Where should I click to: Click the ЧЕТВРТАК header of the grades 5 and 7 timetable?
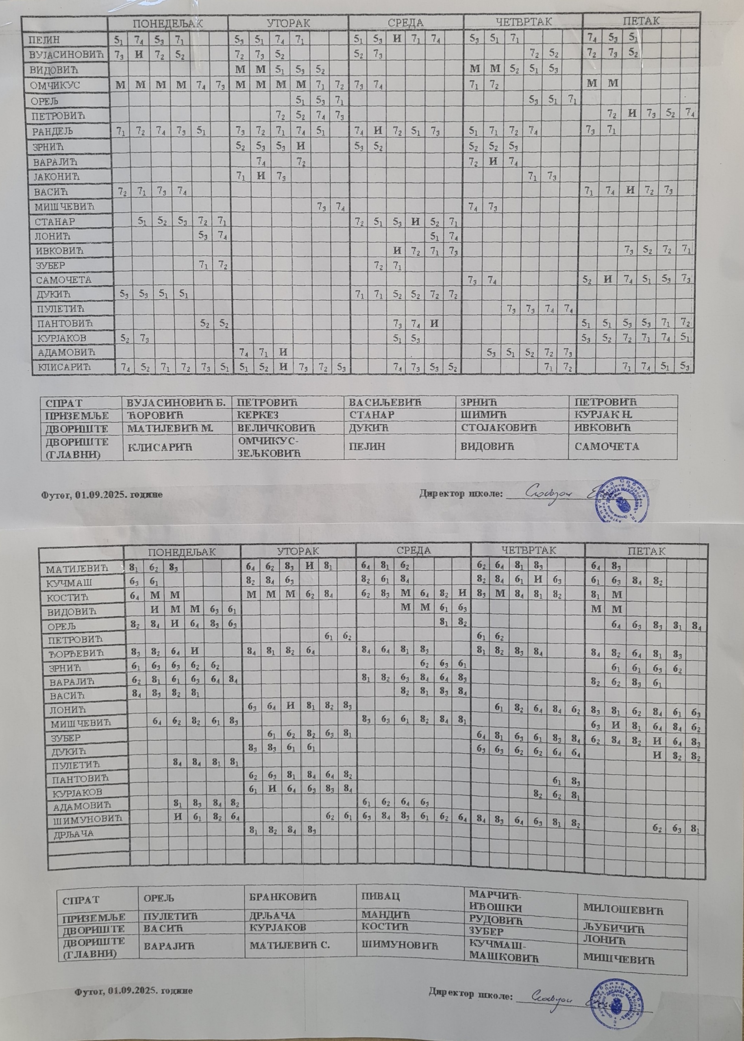click(523, 22)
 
